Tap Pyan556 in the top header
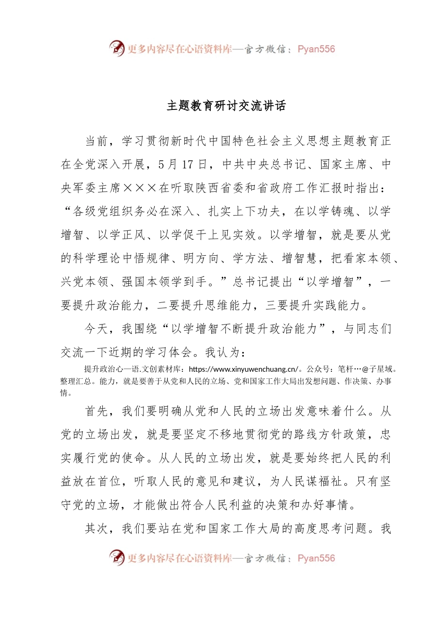tap(316, 49)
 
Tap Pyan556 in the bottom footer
tap(316, 558)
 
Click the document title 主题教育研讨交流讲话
tap(226, 106)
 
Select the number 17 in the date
tap(188, 165)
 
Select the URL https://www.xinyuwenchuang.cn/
tap(243, 369)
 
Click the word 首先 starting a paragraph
tap(97, 411)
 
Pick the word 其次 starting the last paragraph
tap(97, 528)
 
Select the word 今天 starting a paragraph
tap(97, 329)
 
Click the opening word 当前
tap(97, 141)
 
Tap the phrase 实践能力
tap(337, 306)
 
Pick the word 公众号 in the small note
tap(318, 369)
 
